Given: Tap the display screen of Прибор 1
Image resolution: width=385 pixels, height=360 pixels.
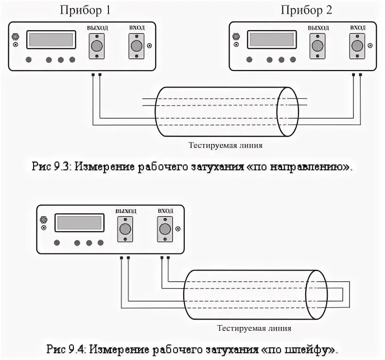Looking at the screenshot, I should [51, 39].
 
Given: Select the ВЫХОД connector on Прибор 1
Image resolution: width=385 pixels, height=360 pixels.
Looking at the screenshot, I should [97, 46].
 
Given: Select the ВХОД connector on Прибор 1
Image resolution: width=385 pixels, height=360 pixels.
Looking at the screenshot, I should [137, 46].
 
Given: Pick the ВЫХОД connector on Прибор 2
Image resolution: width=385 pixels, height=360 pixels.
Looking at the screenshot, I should [318, 46].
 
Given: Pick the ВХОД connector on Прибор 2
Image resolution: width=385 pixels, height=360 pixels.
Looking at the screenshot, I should [357, 46].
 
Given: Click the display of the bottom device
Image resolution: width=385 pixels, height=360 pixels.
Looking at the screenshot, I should [79, 223].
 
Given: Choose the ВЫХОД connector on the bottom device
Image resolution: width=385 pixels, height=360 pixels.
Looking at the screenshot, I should [126, 229].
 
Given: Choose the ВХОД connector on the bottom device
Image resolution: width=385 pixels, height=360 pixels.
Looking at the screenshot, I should [165, 229].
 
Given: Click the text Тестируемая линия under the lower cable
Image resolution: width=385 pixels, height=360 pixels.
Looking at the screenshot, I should [255, 328].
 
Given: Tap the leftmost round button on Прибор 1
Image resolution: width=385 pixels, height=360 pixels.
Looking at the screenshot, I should [29, 60].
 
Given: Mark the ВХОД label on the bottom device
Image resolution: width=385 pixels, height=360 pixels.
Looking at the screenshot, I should [165, 211].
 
